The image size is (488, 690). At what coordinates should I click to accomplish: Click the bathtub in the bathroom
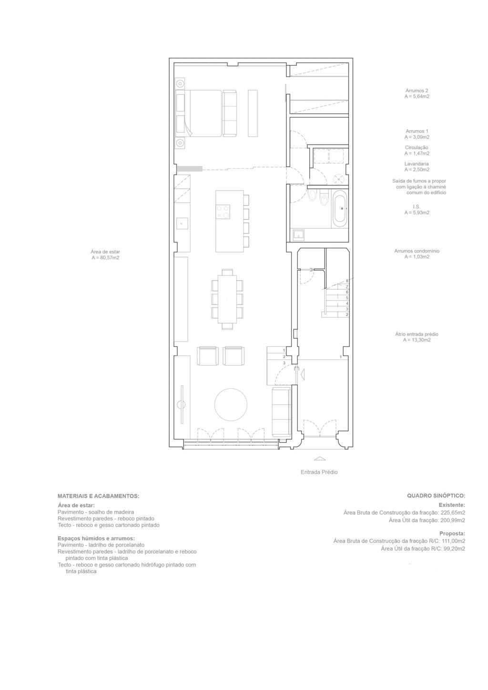(x=340, y=208)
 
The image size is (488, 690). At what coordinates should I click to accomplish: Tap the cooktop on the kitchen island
(x=223, y=211)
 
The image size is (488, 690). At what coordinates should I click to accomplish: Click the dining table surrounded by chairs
(x=227, y=299)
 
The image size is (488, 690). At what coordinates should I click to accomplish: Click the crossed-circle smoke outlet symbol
(x=339, y=179)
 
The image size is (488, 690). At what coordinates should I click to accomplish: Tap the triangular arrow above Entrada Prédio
(x=319, y=459)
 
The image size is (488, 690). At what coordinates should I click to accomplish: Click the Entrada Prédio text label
(x=319, y=472)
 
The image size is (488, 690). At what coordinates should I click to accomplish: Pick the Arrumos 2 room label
(x=417, y=91)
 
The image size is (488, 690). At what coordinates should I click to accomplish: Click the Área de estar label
(x=105, y=252)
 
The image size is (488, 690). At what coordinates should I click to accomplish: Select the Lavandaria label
(x=417, y=164)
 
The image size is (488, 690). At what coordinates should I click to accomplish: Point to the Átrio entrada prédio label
(x=417, y=335)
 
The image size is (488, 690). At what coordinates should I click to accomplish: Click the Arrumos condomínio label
(x=417, y=251)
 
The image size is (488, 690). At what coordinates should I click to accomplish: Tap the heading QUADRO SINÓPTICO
(x=436, y=496)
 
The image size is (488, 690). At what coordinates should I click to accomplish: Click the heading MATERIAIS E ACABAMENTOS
(x=98, y=496)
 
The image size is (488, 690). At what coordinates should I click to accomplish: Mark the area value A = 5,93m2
(x=417, y=213)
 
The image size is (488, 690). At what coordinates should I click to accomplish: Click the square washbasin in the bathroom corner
(x=299, y=234)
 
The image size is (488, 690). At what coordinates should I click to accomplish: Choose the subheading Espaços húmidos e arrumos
(x=96, y=538)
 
